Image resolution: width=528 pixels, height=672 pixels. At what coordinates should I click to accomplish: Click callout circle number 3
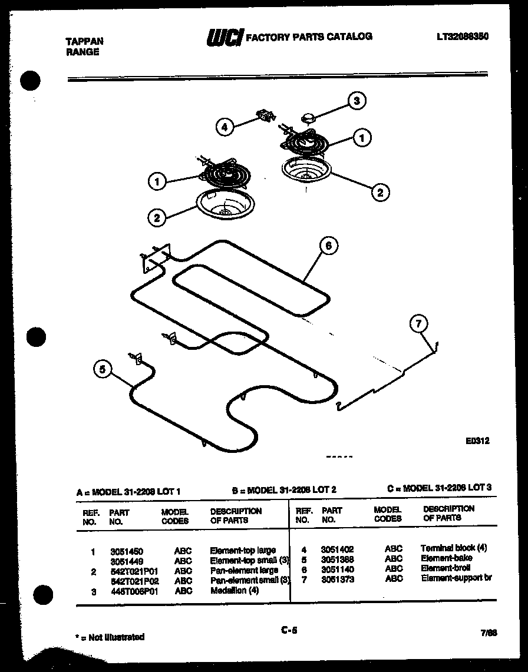coord(356,100)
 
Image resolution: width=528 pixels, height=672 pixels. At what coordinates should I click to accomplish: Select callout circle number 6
coord(329,246)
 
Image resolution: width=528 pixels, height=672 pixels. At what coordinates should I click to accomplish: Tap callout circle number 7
coord(418,323)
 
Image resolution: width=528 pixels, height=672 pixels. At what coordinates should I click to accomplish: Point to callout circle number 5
coord(103,369)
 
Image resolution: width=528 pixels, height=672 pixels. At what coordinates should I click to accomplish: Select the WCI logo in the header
coord(224,38)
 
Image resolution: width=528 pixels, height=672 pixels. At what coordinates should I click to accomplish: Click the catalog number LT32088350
coord(463,37)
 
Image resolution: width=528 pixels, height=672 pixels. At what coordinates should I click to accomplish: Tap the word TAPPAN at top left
coord(83,41)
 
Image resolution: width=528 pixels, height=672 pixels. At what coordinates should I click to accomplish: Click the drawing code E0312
coord(477,440)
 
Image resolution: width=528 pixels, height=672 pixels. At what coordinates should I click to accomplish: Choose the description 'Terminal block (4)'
coord(453,548)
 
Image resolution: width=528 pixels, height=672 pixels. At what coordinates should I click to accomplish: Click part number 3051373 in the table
coord(337,578)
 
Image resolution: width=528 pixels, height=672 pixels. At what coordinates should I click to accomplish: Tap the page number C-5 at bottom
coord(289,631)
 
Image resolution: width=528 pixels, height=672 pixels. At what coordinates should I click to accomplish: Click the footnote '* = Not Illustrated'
coord(110,637)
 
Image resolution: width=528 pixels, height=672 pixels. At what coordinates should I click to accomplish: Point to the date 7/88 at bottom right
coord(489,633)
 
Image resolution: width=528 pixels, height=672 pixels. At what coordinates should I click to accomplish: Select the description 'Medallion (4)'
coord(234,591)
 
